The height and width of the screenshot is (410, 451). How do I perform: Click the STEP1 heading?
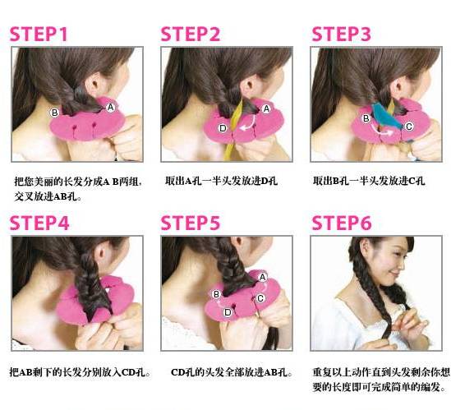coord(39,34)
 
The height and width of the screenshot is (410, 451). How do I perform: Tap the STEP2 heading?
coord(191,34)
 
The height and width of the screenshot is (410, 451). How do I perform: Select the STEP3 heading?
coord(342,34)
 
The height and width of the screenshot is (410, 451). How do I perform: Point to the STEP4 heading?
coord(39,223)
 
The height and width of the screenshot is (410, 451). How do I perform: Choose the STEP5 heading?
coord(191,223)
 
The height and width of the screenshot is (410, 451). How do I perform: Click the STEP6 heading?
coord(342,223)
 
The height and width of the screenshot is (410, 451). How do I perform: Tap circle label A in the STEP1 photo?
coord(110,108)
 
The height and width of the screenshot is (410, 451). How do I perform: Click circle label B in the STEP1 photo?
coord(54,113)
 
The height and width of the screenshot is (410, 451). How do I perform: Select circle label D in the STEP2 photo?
coord(223,128)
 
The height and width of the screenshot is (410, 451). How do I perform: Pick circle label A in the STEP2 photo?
coord(266,108)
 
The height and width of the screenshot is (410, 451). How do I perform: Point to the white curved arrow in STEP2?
coord(250,125)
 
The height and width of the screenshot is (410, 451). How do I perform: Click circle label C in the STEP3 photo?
coord(409,126)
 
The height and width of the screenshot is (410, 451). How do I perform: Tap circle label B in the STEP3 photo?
coord(366,118)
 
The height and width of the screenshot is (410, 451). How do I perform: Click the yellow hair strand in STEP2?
coord(235,130)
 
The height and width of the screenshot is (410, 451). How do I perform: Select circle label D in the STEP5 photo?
coord(228,312)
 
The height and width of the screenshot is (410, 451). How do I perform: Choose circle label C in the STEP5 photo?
coord(260,298)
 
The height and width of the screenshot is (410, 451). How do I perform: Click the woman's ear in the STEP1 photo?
coord(93,84)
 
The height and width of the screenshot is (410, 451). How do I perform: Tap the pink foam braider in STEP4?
coord(95,299)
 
